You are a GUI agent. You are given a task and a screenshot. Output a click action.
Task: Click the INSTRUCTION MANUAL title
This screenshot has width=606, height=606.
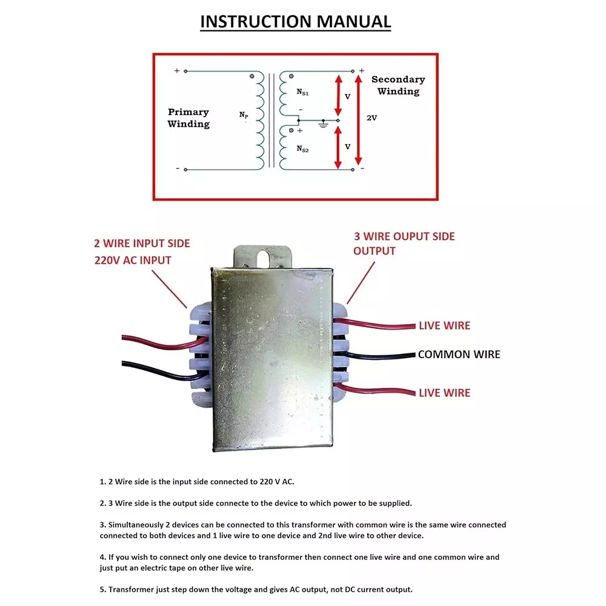coord(296,21)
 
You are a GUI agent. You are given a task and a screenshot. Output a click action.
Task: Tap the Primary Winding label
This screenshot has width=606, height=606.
coord(188,118)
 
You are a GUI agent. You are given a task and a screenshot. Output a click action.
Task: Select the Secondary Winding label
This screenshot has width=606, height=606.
coord(398,85)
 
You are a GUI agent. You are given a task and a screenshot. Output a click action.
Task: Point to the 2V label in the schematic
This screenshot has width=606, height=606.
coord(372,118)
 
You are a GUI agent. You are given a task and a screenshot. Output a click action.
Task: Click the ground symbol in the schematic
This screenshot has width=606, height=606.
coord(324,124)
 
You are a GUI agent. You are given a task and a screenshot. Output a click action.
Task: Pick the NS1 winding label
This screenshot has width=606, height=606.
coord(302,92)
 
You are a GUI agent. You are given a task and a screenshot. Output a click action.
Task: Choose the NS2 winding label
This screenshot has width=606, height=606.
coord(302,148)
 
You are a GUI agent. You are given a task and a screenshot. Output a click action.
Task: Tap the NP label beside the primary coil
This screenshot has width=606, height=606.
coord(244,114)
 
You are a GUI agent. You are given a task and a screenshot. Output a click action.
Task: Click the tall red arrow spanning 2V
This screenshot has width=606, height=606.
coord(358,119)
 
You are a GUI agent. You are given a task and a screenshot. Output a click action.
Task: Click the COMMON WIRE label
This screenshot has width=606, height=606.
coord(459,355)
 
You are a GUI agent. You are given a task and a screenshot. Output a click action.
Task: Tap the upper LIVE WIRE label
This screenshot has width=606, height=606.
coord(444,326)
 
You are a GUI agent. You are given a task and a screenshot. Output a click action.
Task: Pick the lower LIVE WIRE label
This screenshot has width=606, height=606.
coord(444,393)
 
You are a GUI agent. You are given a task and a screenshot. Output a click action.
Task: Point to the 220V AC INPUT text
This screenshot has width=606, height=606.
coord(133,261)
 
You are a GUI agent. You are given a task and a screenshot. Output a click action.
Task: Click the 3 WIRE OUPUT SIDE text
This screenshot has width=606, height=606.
coord(404,236)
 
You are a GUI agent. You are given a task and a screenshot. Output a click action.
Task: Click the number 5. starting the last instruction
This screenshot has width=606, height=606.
coord(103,590)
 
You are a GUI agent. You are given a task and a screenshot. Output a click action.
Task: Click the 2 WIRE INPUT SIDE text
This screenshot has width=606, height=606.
coord(142,244)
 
